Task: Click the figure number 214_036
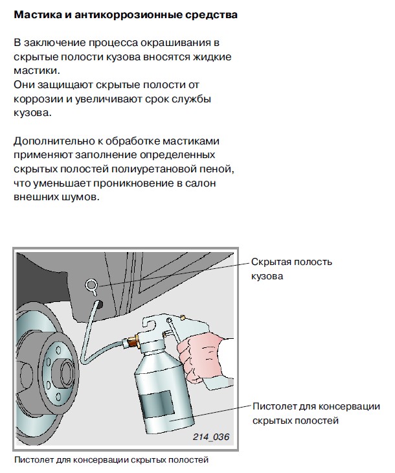pos(210,436)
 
